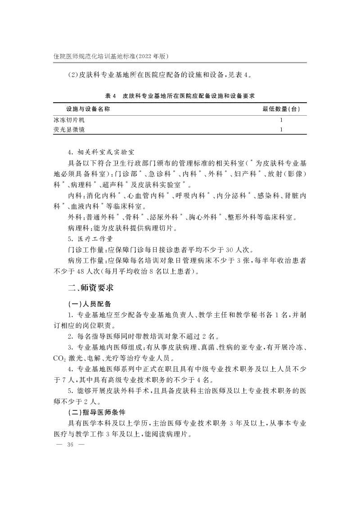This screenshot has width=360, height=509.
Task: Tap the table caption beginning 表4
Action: [x=180, y=96]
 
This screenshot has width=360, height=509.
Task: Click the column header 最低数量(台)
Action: [x=281, y=109]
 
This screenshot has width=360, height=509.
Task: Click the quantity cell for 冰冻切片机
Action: [x=281, y=121]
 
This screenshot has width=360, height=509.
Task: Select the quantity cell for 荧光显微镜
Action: [x=281, y=130]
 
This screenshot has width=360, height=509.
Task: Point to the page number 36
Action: [x=70, y=445]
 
